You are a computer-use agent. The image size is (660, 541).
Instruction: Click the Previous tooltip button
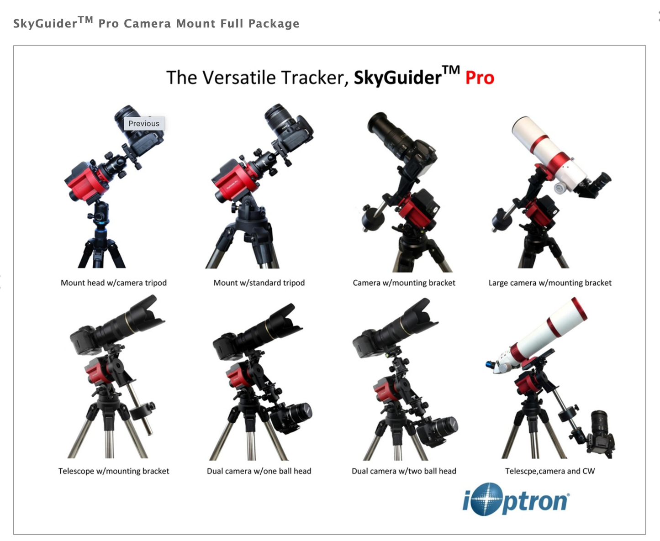click(144, 124)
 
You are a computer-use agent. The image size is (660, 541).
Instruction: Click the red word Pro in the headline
click(480, 78)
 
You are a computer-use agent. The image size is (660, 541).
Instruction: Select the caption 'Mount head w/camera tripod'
click(114, 283)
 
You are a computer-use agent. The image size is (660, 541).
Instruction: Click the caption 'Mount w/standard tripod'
click(259, 283)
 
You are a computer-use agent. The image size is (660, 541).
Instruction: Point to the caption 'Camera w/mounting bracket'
click(404, 283)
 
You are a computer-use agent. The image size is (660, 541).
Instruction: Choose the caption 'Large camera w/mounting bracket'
click(550, 283)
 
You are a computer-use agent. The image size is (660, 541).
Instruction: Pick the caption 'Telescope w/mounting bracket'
click(114, 471)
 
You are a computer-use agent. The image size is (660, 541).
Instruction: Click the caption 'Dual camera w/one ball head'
click(259, 471)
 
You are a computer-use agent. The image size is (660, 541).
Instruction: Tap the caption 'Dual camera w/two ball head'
click(404, 471)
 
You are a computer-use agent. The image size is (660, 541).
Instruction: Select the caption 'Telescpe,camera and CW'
click(550, 471)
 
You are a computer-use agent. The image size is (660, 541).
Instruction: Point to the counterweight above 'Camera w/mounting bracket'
click(371, 219)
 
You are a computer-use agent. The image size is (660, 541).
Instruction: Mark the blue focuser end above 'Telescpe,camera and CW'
click(491, 365)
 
